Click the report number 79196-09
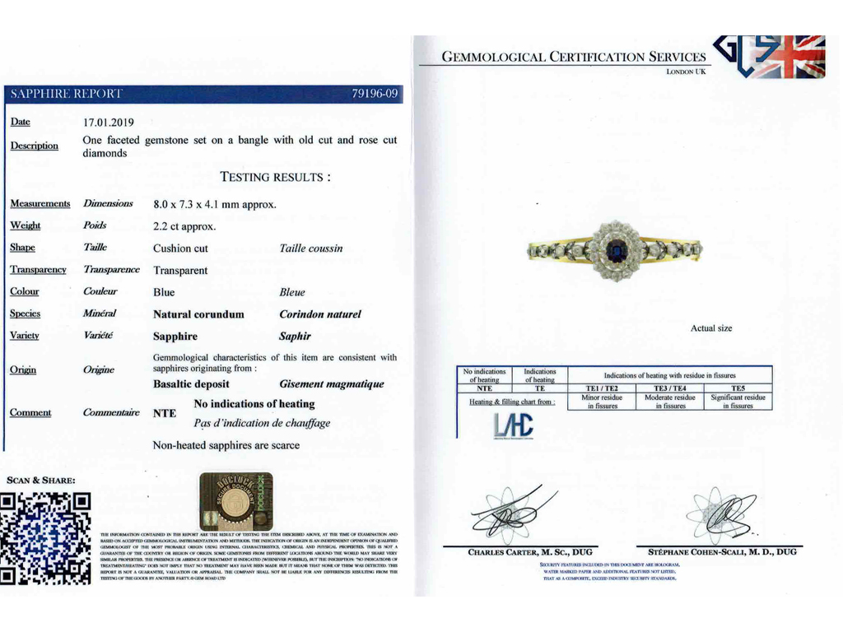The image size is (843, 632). pos(375,94)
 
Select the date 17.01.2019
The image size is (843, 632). pos(109,123)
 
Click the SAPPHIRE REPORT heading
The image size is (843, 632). pos(66,94)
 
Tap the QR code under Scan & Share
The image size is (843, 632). pos(46,538)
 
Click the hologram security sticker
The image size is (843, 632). pos(236,501)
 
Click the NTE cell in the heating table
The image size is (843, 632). pos(484,388)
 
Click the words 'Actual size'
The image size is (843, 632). pos(711,328)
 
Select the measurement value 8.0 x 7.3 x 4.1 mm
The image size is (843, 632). pos(214,204)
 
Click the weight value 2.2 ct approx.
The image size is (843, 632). pos(184,226)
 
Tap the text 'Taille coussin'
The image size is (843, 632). pos(311,249)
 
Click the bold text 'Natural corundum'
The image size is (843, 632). pos(198,314)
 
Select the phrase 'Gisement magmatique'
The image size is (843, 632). pos(332,384)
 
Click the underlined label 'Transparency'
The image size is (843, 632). pos(38,270)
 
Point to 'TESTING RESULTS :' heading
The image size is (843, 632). pos(276,177)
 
